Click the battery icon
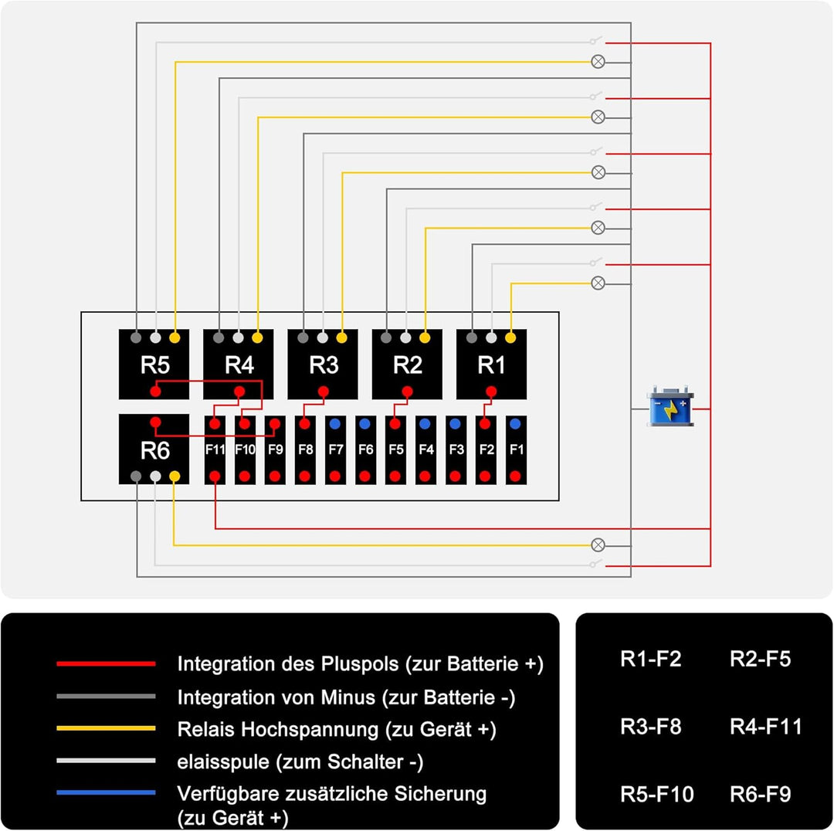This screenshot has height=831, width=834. tap(670, 409)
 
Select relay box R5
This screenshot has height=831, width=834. tap(154, 365)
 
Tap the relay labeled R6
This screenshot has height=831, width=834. tap(154, 449)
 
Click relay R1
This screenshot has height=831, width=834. tap(492, 365)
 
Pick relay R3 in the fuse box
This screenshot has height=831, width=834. tap(323, 365)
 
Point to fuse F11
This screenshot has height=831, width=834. tap(215, 450)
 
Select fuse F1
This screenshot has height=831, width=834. tap(516, 450)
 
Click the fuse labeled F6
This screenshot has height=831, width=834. tap(365, 450)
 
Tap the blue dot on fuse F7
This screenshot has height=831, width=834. tap(335, 424)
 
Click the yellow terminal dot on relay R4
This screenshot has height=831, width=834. tap(258, 337)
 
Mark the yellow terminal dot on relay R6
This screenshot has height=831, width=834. tap(175, 477)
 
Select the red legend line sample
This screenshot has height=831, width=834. tap(106, 663)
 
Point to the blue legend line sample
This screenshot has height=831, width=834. tap(106, 793)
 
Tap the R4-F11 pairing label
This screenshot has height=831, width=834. tap(765, 727)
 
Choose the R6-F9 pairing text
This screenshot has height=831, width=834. tap(760, 794)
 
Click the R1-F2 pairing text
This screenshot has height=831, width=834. tap(650, 660)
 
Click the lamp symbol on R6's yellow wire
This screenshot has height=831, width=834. tap(598, 544)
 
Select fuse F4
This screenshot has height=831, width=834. tap(425, 450)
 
